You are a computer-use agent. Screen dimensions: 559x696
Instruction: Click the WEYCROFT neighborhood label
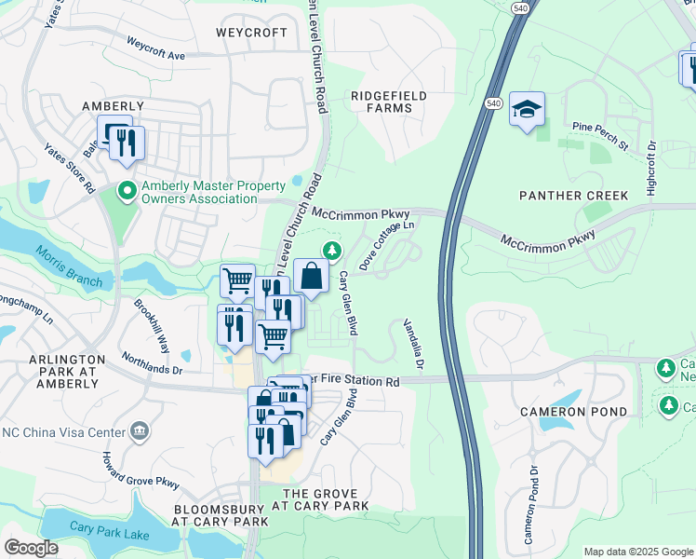point(251,32)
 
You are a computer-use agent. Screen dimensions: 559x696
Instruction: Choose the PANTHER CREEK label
point(574,196)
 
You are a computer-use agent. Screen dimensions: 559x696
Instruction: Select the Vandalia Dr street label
point(413,344)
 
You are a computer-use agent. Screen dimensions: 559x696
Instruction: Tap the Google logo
point(31,548)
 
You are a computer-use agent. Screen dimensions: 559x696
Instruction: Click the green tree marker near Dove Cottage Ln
point(331,250)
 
